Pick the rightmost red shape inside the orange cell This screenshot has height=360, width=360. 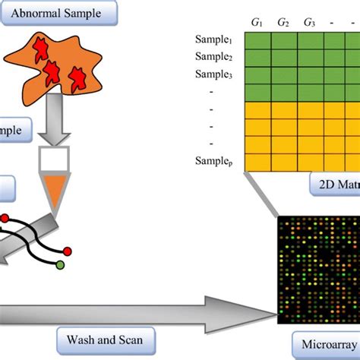77,76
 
